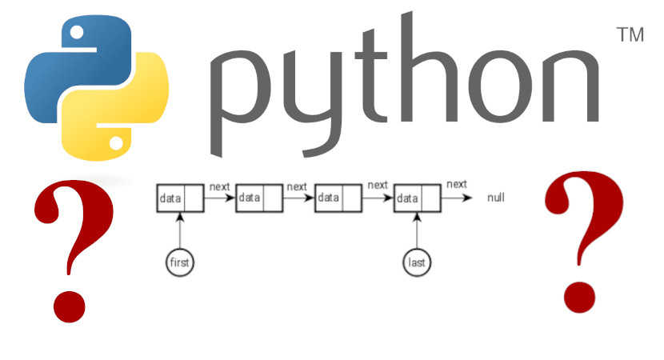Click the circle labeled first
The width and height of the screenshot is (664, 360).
pos(181,262)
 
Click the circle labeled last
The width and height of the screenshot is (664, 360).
pos(417,262)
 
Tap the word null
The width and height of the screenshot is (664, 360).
pos(496,197)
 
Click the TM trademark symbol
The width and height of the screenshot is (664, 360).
pos(631,36)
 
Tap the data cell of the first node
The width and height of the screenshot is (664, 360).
pos(170,198)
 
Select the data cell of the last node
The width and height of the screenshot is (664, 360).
pos(406,198)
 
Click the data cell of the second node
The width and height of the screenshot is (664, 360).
pos(249,198)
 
